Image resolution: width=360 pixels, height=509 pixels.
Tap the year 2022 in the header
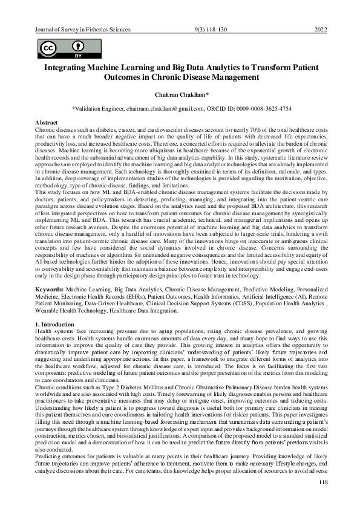coord(321,29)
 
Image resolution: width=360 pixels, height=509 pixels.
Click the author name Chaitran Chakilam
coord(180,95)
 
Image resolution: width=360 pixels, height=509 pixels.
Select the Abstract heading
coord(47,122)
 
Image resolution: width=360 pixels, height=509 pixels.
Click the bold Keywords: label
coord(51,291)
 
